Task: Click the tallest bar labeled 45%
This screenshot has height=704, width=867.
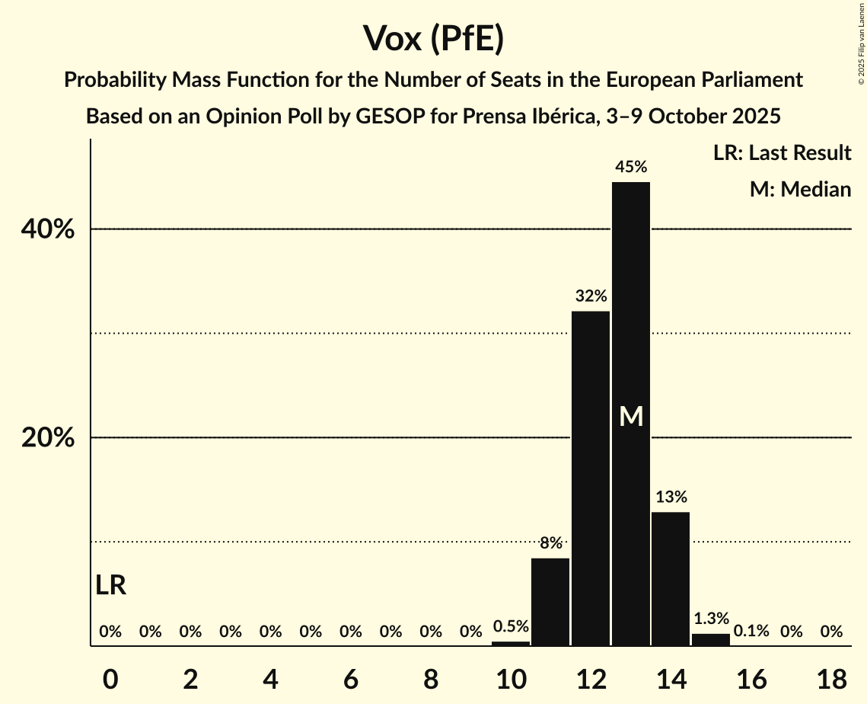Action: (631, 305)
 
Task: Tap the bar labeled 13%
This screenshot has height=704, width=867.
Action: (671, 579)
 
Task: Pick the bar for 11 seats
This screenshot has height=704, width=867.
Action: (550, 602)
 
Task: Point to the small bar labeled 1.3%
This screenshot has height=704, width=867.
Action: (711, 640)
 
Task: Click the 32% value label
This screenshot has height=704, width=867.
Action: (591, 296)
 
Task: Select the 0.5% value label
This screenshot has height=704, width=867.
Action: (511, 626)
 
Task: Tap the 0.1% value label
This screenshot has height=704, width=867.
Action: (751, 631)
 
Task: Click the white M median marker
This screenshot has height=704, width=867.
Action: (631, 416)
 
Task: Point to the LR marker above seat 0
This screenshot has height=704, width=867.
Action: (111, 585)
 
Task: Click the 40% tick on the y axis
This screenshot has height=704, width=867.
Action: (48, 229)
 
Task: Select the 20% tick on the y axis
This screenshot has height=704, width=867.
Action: (48, 438)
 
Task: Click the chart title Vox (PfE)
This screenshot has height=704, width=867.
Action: (433, 38)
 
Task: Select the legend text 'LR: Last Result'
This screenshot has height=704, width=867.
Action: (782, 153)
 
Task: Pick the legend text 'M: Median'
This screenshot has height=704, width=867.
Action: (800, 189)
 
